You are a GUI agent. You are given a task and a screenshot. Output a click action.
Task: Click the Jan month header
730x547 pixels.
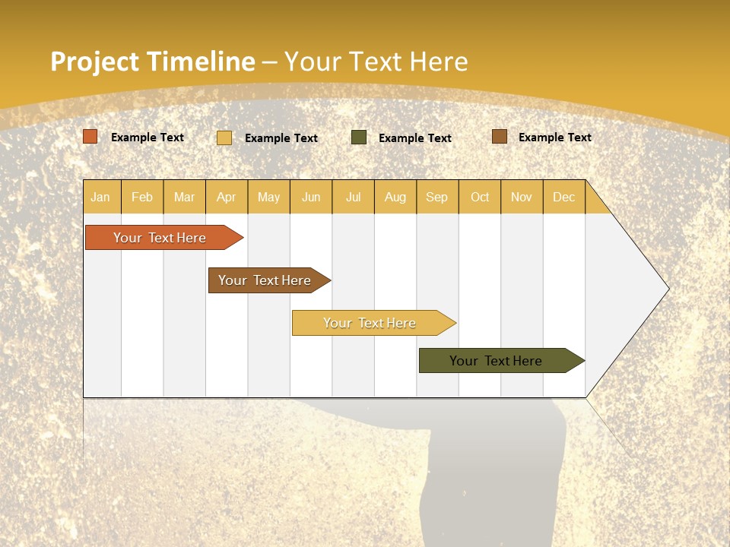point(101,197)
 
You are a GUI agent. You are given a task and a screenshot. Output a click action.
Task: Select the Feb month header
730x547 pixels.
point(142,197)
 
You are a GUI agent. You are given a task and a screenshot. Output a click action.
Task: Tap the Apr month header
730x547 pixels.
point(227,197)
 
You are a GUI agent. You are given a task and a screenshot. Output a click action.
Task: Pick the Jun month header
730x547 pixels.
point(311,197)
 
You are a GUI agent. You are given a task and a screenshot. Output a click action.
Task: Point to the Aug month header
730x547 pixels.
point(395,197)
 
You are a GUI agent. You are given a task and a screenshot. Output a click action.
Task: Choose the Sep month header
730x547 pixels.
point(437,197)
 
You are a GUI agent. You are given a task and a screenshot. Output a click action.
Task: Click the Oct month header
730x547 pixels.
point(480,197)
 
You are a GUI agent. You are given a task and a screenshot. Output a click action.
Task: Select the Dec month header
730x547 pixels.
point(564,197)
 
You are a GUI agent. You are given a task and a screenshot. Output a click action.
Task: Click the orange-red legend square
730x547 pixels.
point(90,137)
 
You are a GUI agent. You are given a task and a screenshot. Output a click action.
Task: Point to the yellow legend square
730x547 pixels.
point(224,138)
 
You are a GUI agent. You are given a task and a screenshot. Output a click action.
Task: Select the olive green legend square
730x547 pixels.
point(359,138)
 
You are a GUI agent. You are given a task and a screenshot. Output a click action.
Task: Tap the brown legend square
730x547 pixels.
point(499,137)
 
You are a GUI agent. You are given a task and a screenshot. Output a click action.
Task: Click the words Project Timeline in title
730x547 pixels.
point(152,62)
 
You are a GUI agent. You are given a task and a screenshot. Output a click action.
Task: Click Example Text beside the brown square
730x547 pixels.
point(554,138)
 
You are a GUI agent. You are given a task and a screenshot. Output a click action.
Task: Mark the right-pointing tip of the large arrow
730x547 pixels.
point(668,289)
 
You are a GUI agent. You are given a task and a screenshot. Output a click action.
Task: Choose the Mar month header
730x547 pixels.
point(184,197)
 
